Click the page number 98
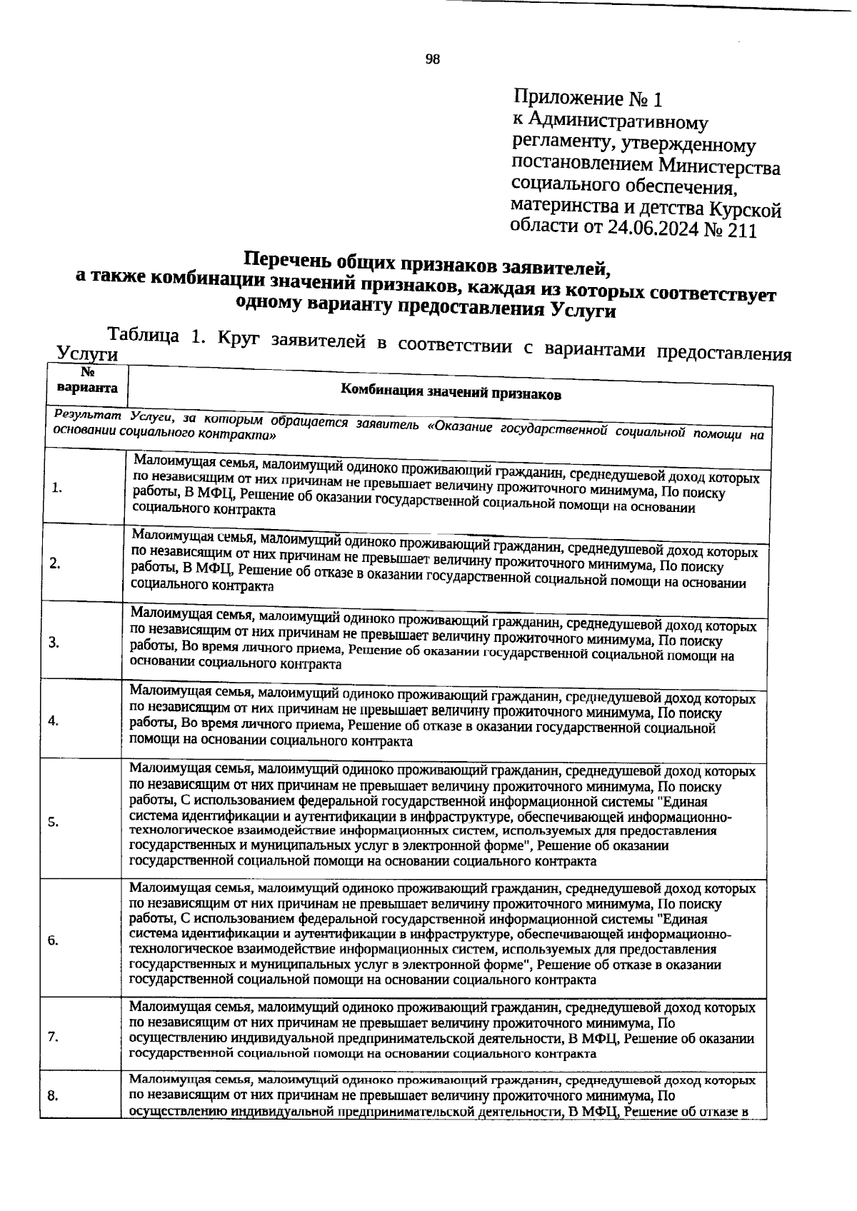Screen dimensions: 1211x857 pos(433,59)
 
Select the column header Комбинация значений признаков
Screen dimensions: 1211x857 pos(450,393)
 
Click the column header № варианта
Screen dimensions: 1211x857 pos(87,381)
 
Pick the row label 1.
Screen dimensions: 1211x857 pos(57,488)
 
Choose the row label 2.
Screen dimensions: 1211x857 pos(55,563)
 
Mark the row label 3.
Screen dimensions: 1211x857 pos(54,642)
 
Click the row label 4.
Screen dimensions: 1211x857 pos(54,720)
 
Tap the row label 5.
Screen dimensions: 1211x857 pos(53,822)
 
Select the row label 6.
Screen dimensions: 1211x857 pos(53,940)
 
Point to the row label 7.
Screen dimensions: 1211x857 pos(53,1037)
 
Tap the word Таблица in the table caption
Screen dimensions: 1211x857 pos(143,335)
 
